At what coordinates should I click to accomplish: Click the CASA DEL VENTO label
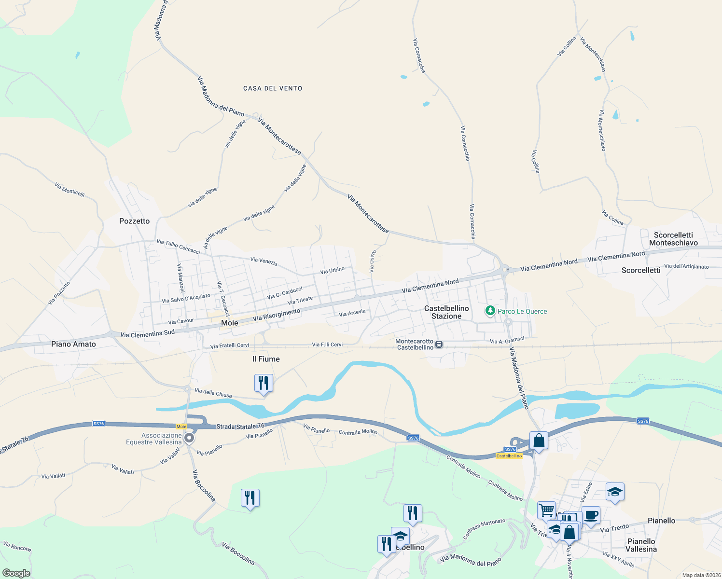pyautogui.click(x=273, y=88)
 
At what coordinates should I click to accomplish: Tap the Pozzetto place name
pyautogui.click(x=135, y=221)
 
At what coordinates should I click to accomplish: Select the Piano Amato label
pyautogui.click(x=73, y=344)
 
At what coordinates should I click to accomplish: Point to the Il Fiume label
pyautogui.click(x=266, y=359)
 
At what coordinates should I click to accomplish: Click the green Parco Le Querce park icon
pyautogui.click(x=490, y=311)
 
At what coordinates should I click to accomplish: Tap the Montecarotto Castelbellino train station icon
pyautogui.click(x=439, y=344)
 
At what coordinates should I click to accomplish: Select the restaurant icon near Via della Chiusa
pyautogui.click(x=264, y=383)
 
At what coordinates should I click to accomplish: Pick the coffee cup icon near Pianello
pyautogui.click(x=591, y=515)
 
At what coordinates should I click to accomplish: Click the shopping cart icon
pyautogui.click(x=546, y=510)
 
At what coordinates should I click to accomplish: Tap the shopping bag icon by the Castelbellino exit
pyautogui.click(x=539, y=441)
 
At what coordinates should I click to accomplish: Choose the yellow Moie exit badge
pyautogui.click(x=181, y=427)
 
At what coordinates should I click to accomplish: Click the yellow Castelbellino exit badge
pyautogui.click(x=509, y=456)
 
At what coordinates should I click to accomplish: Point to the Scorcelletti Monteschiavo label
pyautogui.click(x=673, y=239)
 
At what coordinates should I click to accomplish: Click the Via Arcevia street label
pyautogui.click(x=352, y=313)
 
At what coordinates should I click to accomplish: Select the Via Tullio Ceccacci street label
pyautogui.click(x=178, y=246)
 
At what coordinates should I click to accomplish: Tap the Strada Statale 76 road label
pyautogui.click(x=240, y=427)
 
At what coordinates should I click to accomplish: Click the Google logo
pyautogui.click(x=16, y=573)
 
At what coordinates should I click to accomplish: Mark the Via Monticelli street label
pyautogui.click(x=69, y=190)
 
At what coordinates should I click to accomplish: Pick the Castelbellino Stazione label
pyautogui.click(x=446, y=312)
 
